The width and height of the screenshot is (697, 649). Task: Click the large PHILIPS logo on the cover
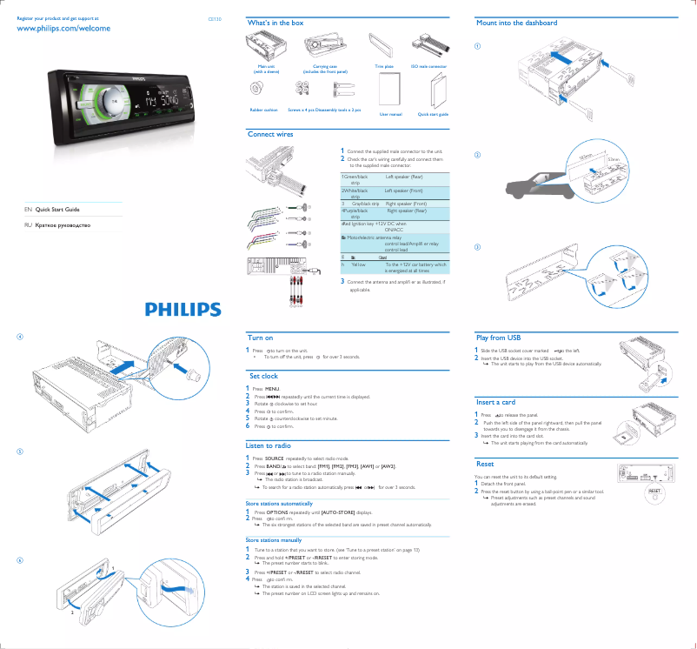pyautogui.click(x=183, y=309)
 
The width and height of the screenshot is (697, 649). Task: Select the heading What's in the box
pyautogui.click(x=275, y=22)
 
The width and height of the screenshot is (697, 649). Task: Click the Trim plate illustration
pyautogui.click(x=383, y=44)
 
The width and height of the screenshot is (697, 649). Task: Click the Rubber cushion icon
pyautogui.click(x=257, y=89)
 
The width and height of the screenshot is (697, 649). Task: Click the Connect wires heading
pyautogui.click(x=270, y=135)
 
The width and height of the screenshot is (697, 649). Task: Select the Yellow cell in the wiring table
pyautogui.click(x=359, y=264)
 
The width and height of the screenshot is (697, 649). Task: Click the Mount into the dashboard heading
pyautogui.click(x=517, y=22)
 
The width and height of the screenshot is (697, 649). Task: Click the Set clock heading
pyautogui.click(x=263, y=376)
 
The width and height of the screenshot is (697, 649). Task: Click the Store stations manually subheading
pyautogui.click(x=274, y=540)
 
